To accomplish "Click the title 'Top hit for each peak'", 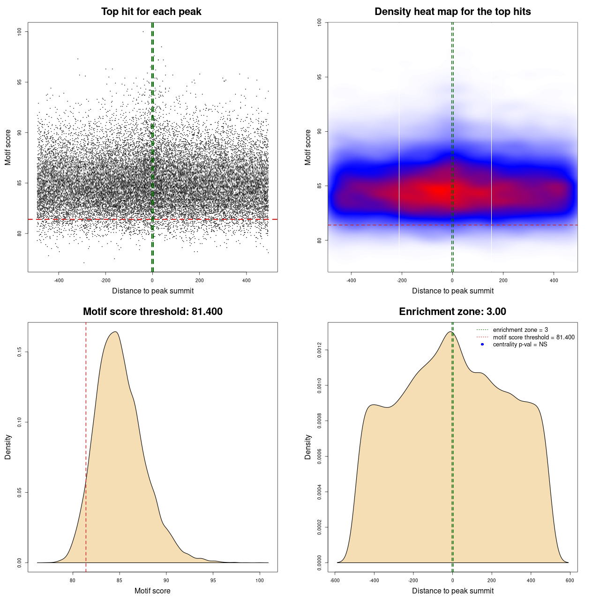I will [151, 12].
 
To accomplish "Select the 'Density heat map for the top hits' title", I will [452, 12].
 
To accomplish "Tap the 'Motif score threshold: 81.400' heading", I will [152, 312].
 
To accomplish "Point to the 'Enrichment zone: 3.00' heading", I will [452, 312].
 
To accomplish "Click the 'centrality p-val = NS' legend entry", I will [520, 345].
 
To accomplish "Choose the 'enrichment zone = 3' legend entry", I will [520, 330].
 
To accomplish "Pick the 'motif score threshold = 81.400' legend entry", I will [533, 337].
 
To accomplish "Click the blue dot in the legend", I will [482, 345].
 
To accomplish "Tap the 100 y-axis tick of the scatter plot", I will [19, 31].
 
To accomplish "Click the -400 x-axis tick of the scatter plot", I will [59, 281].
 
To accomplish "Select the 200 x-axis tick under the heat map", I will [503, 281].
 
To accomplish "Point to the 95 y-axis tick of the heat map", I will [319, 77].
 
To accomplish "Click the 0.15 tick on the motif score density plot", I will [19, 352].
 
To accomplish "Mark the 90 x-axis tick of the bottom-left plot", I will [166, 581].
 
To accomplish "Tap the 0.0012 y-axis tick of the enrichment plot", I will [319, 350].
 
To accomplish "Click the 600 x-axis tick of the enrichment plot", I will [570, 581].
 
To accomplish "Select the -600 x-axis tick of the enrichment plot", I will [335, 581].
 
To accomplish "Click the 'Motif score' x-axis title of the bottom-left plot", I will [152, 591].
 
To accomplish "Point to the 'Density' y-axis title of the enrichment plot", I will [308, 447].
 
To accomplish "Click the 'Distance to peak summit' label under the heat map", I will [452, 291].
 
